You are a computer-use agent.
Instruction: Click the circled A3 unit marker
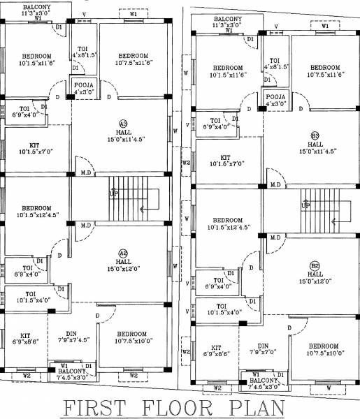(123, 123)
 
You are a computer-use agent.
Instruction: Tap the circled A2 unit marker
(123, 253)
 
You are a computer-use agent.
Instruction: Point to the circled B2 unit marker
(315, 266)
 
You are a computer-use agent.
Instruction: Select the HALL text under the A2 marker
(123, 262)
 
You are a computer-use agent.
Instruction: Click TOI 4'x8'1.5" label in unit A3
(83, 51)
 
